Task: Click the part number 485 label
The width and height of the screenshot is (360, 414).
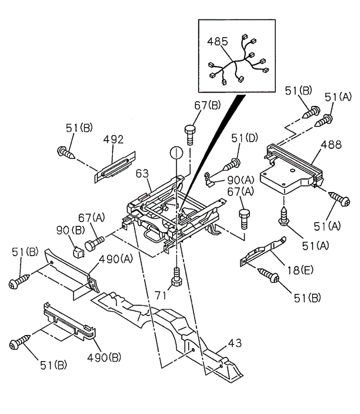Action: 217,42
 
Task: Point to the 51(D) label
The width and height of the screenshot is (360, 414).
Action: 244,139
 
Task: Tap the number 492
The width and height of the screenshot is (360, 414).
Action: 114,140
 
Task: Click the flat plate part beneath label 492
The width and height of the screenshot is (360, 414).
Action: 116,163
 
